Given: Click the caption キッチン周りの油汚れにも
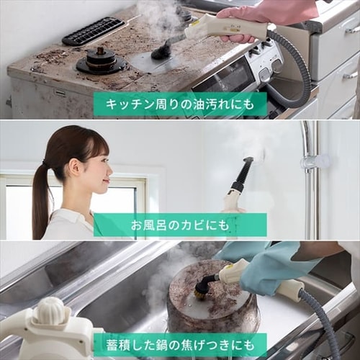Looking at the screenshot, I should tap(180, 104).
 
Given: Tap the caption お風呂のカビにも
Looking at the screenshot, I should tap(180, 225).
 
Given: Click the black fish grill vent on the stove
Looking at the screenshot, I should tap(93, 31).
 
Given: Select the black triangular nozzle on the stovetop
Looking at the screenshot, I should tap(161, 50).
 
